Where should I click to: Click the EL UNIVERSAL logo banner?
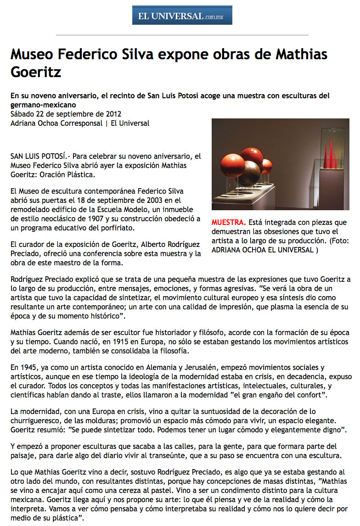pos(182,15)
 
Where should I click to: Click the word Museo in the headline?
pos(33,55)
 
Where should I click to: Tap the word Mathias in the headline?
pos(301,55)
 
